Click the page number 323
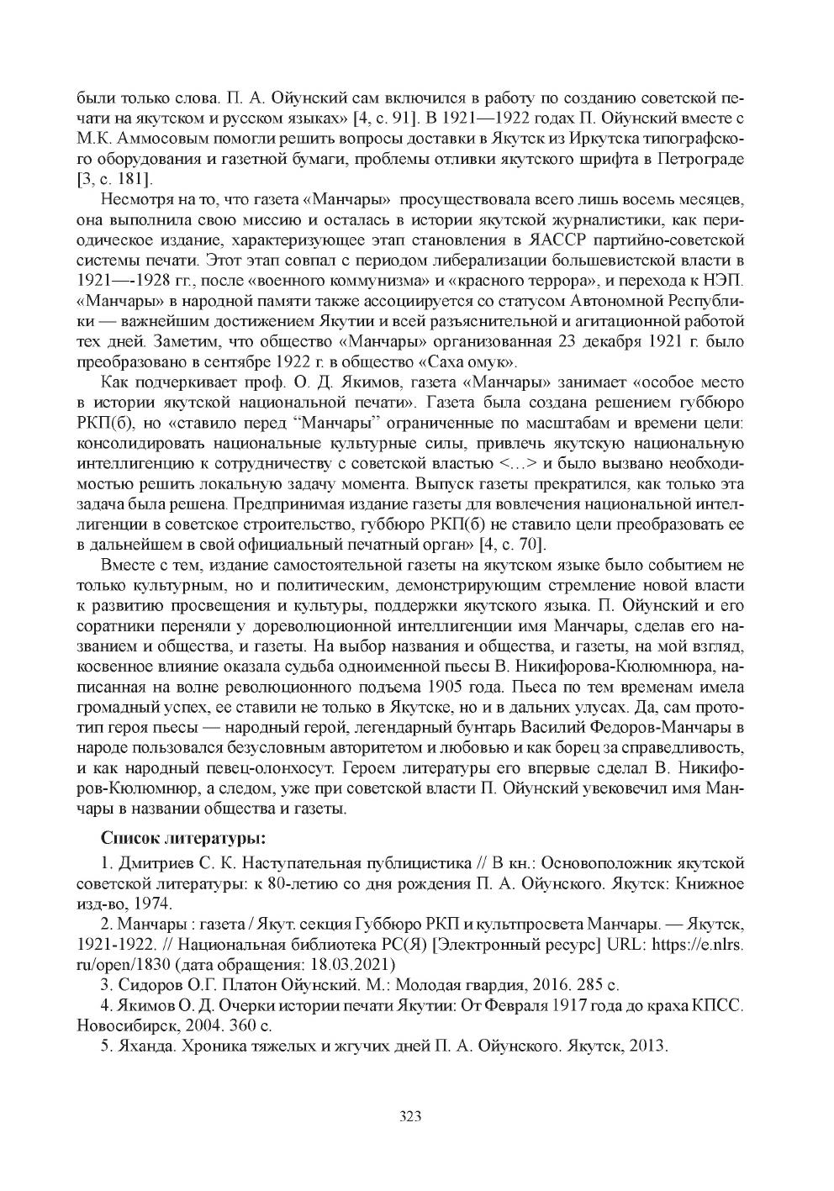click(409, 1116)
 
